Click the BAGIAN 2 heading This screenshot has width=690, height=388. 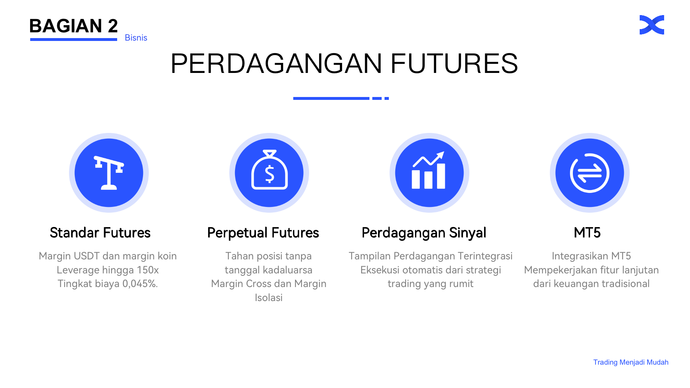[x=74, y=26]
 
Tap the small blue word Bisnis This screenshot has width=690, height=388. [x=136, y=38]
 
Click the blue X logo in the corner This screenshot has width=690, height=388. [x=652, y=25]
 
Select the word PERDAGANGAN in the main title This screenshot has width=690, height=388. [x=276, y=64]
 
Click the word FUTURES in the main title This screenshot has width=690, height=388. [x=454, y=64]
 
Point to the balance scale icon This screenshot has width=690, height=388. [x=109, y=173]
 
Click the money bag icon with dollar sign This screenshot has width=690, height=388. [x=269, y=170]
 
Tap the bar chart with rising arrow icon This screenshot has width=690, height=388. [x=429, y=170]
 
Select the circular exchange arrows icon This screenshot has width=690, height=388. [x=589, y=173]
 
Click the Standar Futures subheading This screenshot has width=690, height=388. [x=100, y=233]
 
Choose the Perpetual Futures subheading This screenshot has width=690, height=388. [x=263, y=233]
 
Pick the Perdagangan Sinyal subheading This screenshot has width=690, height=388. [x=424, y=233]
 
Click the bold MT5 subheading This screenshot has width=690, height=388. [x=587, y=233]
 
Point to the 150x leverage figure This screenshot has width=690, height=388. [x=148, y=270]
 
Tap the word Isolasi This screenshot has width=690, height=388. [x=269, y=298]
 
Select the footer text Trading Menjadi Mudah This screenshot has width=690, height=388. [x=631, y=362]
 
